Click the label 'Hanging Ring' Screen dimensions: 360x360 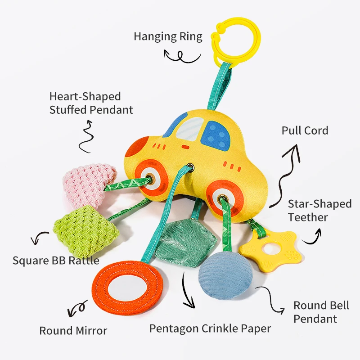pos(168,36)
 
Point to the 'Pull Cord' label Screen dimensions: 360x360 pos(305,130)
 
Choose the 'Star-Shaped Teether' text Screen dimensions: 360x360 pos(319,210)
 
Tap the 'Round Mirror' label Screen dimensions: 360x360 pos(73,331)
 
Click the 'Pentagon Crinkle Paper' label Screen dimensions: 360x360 pos(210,328)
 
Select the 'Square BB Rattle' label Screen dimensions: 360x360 pos(56,260)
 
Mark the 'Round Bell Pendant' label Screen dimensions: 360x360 pos(321,312)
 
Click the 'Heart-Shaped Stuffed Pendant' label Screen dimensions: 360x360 pos(91,103)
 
